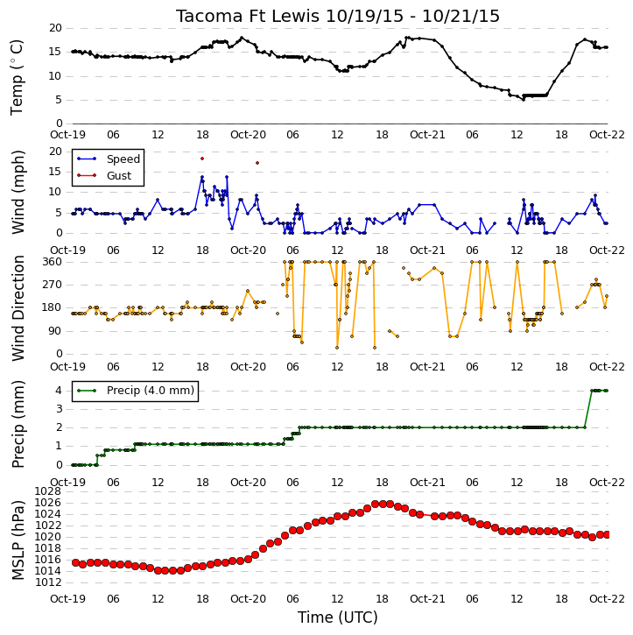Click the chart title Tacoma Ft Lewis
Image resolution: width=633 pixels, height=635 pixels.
click(248, 16)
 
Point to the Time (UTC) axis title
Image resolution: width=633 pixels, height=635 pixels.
click(338, 617)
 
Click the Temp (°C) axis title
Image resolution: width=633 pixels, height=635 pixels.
click(17, 77)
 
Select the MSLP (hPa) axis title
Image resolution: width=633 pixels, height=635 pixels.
click(17, 540)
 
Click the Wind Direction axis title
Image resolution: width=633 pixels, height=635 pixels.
click(18, 308)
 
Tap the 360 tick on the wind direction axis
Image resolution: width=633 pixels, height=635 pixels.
click(53, 262)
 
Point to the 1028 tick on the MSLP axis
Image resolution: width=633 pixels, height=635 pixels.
click(48, 491)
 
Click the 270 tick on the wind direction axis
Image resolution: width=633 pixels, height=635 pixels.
click(53, 285)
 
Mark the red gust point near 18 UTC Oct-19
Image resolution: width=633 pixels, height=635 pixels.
click(202, 159)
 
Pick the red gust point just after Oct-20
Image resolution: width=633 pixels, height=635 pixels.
click(257, 163)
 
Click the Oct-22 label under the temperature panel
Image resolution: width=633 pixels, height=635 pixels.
click(607, 135)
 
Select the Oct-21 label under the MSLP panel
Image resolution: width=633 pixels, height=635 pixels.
click(427, 599)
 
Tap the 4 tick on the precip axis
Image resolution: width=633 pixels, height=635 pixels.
click(59, 391)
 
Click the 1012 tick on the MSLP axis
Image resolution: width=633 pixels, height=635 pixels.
click(48, 582)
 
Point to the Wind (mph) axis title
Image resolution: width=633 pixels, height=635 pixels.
click(18, 193)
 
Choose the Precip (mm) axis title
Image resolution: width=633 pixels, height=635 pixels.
click(18, 425)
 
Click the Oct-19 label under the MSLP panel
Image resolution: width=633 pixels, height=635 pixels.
click(68, 599)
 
